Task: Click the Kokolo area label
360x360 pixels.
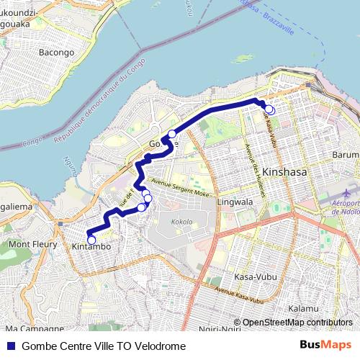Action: coord(182,221)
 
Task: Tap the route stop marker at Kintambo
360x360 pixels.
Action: coord(91,240)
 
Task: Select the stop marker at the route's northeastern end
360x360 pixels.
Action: coord(269,109)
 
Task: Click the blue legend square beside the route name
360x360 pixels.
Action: coord(10,346)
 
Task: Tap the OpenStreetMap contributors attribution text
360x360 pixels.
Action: coord(297,323)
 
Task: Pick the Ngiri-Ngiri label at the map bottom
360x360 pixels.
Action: coord(220,329)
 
